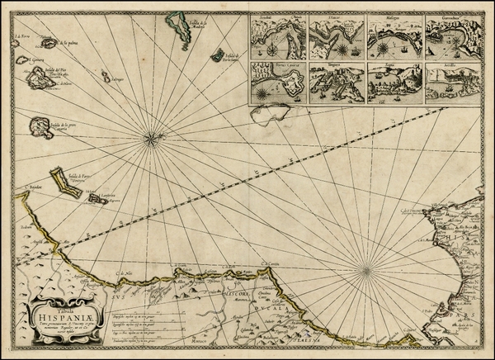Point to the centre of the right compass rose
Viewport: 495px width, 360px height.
(x=365, y=268)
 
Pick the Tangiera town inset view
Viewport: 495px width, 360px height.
(x=337, y=83)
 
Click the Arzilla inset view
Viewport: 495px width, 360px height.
(x=454, y=83)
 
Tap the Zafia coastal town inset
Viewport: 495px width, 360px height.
(x=394, y=83)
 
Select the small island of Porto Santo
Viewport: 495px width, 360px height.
(x=219, y=55)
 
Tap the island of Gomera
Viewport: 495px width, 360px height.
(x=21, y=60)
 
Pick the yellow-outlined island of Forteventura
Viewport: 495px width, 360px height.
(x=64, y=182)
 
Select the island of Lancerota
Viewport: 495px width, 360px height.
(x=97, y=198)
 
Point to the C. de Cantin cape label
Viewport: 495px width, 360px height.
(x=266, y=265)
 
